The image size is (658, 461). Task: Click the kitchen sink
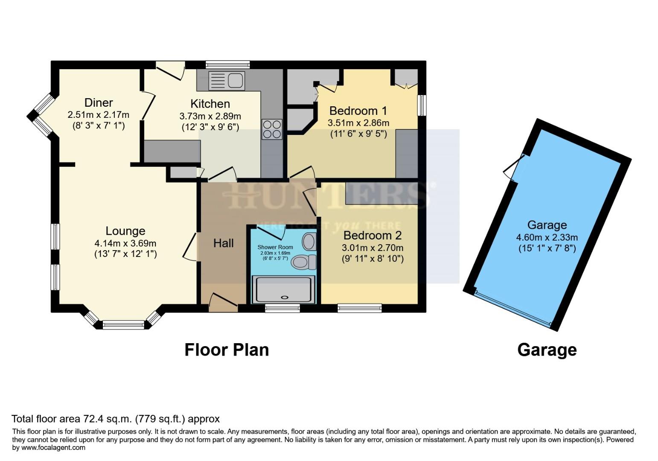pos(226,81)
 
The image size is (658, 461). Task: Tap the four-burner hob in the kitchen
pos(272,129)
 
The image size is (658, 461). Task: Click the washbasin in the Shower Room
pos(309,242)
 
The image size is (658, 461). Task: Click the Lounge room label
pos(125,231)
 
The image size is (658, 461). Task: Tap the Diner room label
pos(99,102)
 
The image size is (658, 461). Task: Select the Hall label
pos(223,243)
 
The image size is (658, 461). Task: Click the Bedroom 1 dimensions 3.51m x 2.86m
pos(358,123)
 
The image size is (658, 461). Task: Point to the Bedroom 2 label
pos(372,235)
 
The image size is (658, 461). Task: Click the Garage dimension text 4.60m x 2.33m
pos(547,237)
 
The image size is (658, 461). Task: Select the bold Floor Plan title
pos(227,350)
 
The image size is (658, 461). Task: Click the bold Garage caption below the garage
pos(547,350)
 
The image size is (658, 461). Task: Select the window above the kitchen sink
pos(227,64)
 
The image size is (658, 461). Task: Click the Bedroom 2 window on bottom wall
pos(359,308)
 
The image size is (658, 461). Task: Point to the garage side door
pos(514,168)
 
